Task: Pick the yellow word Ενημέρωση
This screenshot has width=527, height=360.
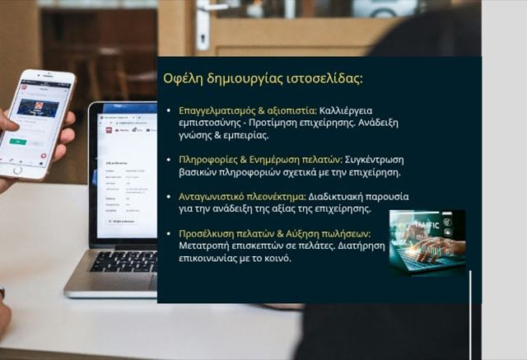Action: pyautogui.click(x=276, y=159)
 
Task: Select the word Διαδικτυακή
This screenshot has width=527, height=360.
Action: pyautogui.click(x=341, y=197)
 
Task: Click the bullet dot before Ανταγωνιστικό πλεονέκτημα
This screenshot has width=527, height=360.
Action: pyautogui.click(x=169, y=198)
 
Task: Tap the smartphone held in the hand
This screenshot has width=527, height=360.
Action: pyautogui.click(x=39, y=124)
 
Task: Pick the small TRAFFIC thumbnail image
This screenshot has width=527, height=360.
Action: pyautogui.click(x=427, y=241)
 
